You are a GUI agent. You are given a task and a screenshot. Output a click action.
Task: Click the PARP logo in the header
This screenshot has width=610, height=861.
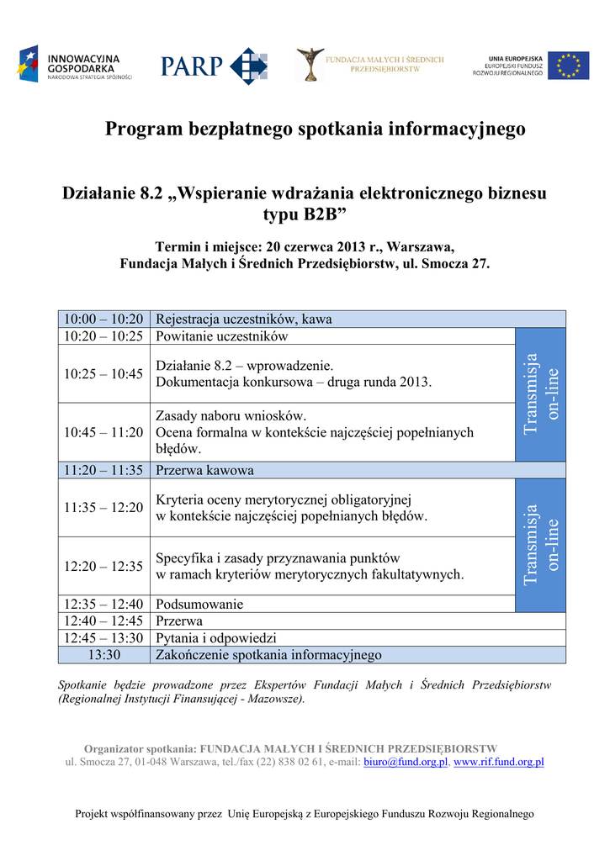(x=214, y=65)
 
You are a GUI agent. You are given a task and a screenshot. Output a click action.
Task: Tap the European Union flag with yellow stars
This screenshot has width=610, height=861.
(x=570, y=66)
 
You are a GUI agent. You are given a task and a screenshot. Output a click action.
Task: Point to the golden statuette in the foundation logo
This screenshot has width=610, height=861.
(x=309, y=64)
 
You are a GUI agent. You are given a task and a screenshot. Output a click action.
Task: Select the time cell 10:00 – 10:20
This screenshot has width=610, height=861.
(x=103, y=320)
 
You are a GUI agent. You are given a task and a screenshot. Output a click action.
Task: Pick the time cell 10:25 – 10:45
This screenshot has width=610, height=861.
(x=103, y=374)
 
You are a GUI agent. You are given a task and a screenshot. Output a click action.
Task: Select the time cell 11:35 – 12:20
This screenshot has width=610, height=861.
(x=103, y=508)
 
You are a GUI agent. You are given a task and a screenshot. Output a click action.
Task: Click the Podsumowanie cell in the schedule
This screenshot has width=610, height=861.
(x=199, y=604)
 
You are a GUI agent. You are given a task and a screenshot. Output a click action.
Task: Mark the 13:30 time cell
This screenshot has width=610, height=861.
(x=103, y=655)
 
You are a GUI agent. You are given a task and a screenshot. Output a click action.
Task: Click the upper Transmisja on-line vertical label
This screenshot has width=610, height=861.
(x=540, y=394)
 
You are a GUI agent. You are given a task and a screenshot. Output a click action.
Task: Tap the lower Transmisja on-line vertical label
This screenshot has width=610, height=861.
(x=540, y=545)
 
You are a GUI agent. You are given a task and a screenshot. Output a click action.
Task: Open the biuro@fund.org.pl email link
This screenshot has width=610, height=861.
(x=406, y=762)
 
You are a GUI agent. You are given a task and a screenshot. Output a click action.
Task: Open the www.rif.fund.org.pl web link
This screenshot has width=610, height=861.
(x=498, y=762)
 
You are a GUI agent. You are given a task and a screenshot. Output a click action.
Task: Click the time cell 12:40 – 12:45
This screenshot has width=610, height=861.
(x=103, y=621)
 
